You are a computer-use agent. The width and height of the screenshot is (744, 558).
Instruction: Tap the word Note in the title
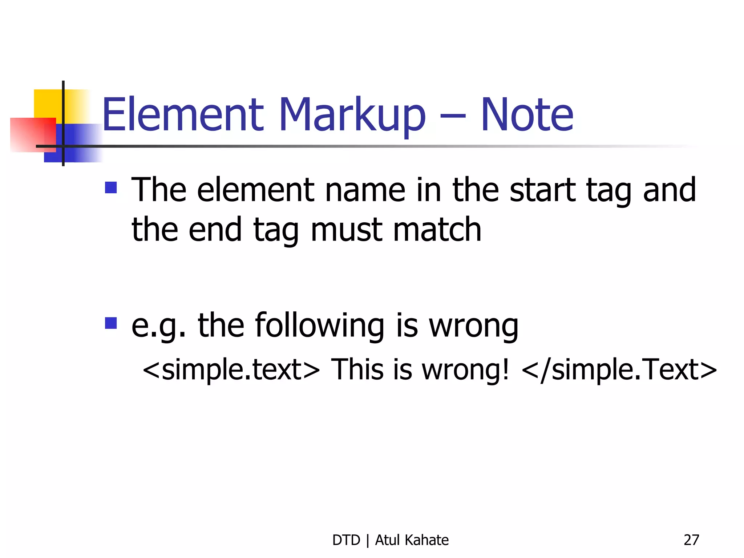[x=527, y=114]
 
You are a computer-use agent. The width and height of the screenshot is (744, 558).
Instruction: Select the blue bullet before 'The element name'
[x=111, y=187]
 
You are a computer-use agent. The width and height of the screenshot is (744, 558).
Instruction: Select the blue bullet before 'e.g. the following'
[x=111, y=323]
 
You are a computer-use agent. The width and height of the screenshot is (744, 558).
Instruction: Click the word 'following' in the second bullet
[x=320, y=326]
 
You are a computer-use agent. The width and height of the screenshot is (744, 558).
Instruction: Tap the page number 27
[x=691, y=540]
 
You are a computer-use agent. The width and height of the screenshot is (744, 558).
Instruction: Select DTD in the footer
[x=346, y=540]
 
